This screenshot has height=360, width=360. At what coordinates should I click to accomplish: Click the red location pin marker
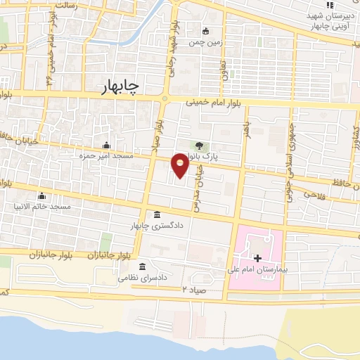[180, 165]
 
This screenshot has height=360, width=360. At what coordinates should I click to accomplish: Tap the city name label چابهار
[115, 85]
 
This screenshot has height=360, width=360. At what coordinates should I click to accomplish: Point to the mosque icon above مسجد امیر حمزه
[107, 146]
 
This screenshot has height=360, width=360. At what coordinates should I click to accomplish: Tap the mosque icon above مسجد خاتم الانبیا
[41, 195]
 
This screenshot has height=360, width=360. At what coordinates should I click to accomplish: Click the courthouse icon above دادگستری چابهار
[156, 214]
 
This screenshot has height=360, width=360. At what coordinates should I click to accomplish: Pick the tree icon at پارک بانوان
[200, 146]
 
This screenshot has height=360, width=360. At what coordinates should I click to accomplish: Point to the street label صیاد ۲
[195, 289]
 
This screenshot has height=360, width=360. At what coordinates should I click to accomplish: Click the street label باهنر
[246, 127]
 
